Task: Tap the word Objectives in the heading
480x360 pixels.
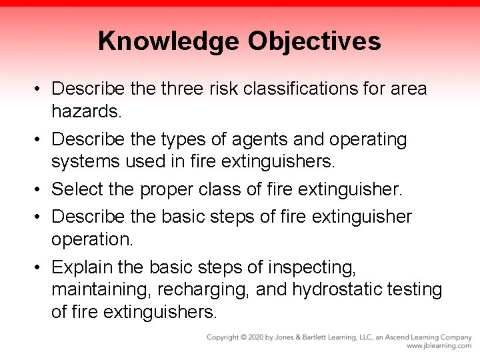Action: click(x=315, y=41)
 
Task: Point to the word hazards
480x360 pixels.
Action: click(x=87, y=112)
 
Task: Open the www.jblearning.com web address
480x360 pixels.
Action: click(x=439, y=347)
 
